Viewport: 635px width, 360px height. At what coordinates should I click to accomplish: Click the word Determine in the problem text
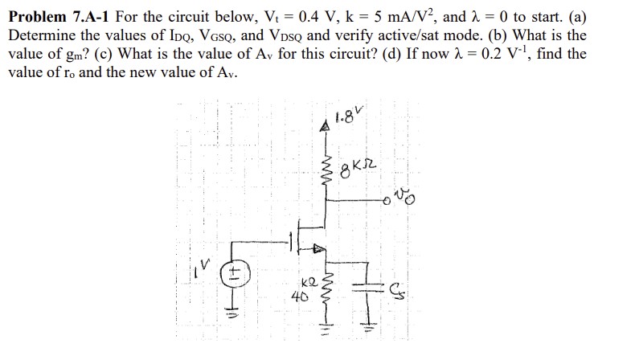click(38, 36)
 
